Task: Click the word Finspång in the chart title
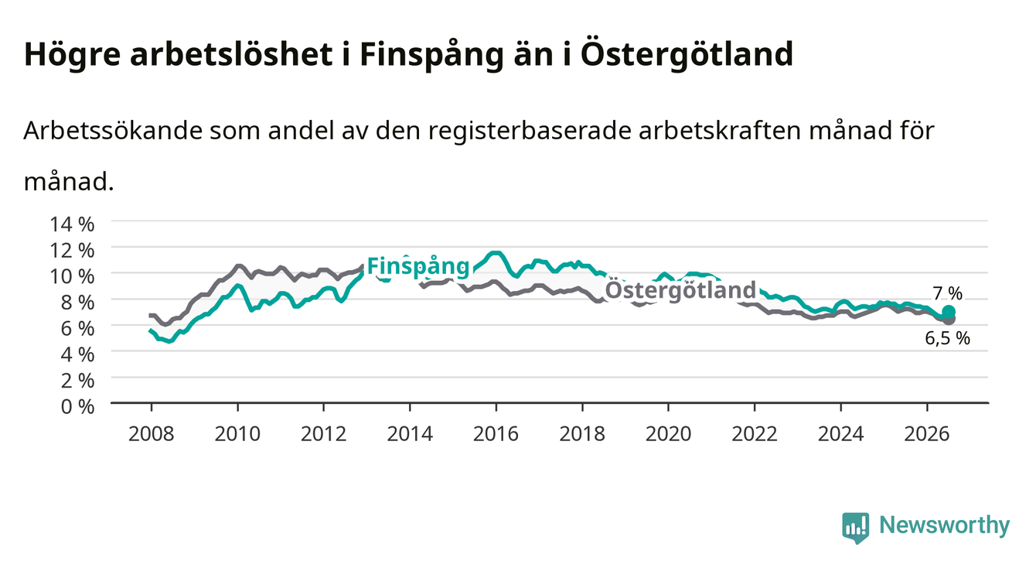tap(431, 55)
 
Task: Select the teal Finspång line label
tap(418, 266)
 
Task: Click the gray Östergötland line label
tap(680, 289)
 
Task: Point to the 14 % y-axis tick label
tap(72, 224)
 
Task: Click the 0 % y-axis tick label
tap(77, 407)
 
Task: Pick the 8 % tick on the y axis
tap(77, 303)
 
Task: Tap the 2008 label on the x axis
tap(152, 434)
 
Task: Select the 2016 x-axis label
tap(496, 434)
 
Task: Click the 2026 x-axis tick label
tap(926, 434)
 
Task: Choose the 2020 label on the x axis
tap(668, 434)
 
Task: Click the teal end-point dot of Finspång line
tap(949, 312)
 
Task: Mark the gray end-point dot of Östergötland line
tap(949, 320)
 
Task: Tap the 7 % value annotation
tap(948, 293)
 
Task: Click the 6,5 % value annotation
tap(947, 338)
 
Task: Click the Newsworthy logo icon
tap(856, 528)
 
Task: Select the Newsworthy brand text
tap(945, 525)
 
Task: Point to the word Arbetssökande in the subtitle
tap(113, 130)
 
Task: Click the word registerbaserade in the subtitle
tap(530, 132)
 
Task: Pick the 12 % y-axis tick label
tap(72, 251)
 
